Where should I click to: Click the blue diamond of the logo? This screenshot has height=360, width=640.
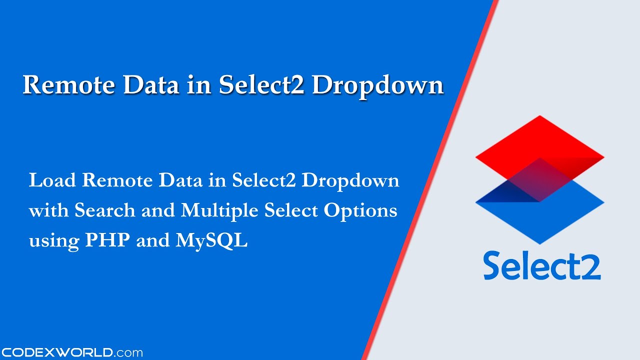[540, 220]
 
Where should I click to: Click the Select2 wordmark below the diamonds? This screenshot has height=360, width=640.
[541, 265]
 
